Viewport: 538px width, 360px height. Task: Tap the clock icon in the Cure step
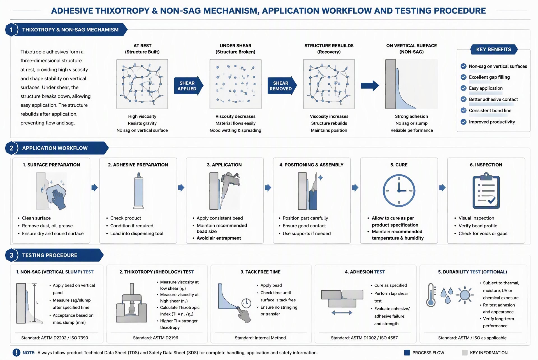click(399, 191)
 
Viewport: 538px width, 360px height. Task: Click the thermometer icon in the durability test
click(431, 295)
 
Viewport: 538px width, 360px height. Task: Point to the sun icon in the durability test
click(465, 295)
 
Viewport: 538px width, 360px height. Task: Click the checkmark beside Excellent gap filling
click(463, 77)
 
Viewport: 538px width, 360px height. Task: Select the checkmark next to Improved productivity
click(463, 122)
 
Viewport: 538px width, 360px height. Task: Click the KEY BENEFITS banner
click(494, 49)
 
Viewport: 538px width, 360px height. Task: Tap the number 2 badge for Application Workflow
click(11, 148)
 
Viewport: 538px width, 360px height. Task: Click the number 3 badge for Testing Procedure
click(11, 255)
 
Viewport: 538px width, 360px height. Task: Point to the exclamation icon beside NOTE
click(16, 353)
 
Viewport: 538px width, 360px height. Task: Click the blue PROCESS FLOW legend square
click(407, 353)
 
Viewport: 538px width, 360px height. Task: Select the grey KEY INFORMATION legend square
click(465, 353)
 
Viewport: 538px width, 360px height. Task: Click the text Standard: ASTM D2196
click(156, 338)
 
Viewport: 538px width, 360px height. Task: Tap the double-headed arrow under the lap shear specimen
click(342, 313)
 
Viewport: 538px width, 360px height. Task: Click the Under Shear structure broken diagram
click(235, 84)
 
